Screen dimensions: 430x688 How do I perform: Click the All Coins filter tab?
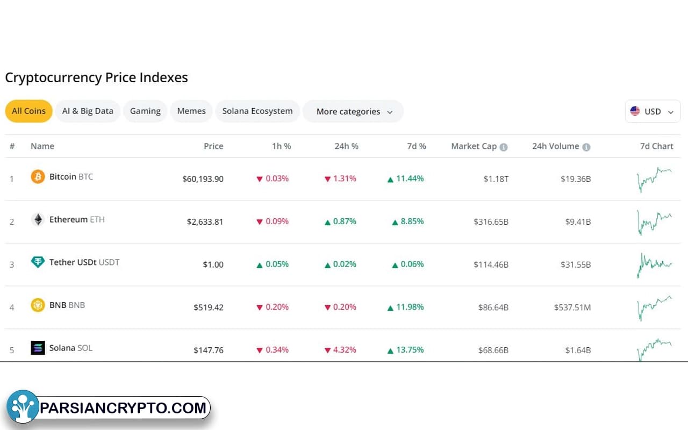click(x=28, y=111)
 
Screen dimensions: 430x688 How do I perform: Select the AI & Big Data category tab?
click(x=88, y=111)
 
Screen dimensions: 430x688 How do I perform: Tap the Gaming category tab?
click(x=145, y=111)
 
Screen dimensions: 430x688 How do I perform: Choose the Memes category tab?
click(x=191, y=111)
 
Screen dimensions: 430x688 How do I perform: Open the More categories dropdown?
click(x=353, y=112)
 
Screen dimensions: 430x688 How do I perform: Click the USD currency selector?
click(x=652, y=112)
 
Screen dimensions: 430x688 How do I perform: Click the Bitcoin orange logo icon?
click(x=38, y=177)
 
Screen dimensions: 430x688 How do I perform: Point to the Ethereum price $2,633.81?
click(x=205, y=221)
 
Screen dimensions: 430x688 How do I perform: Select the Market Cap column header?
click(x=474, y=146)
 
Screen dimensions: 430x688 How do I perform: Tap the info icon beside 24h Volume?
click(x=586, y=147)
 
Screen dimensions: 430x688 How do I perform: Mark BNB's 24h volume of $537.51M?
click(x=572, y=307)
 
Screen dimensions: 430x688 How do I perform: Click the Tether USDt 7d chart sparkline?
click(x=654, y=264)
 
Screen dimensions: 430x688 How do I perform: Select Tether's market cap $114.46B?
click(x=491, y=264)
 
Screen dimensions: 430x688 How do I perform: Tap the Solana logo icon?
click(x=38, y=348)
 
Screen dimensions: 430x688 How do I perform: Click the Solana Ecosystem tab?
click(x=257, y=111)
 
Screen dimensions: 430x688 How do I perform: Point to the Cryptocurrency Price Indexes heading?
click(x=97, y=77)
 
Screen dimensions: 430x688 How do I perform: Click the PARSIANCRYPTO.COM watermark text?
click(x=124, y=408)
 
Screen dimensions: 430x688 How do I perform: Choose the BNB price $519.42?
click(x=209, y=307)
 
